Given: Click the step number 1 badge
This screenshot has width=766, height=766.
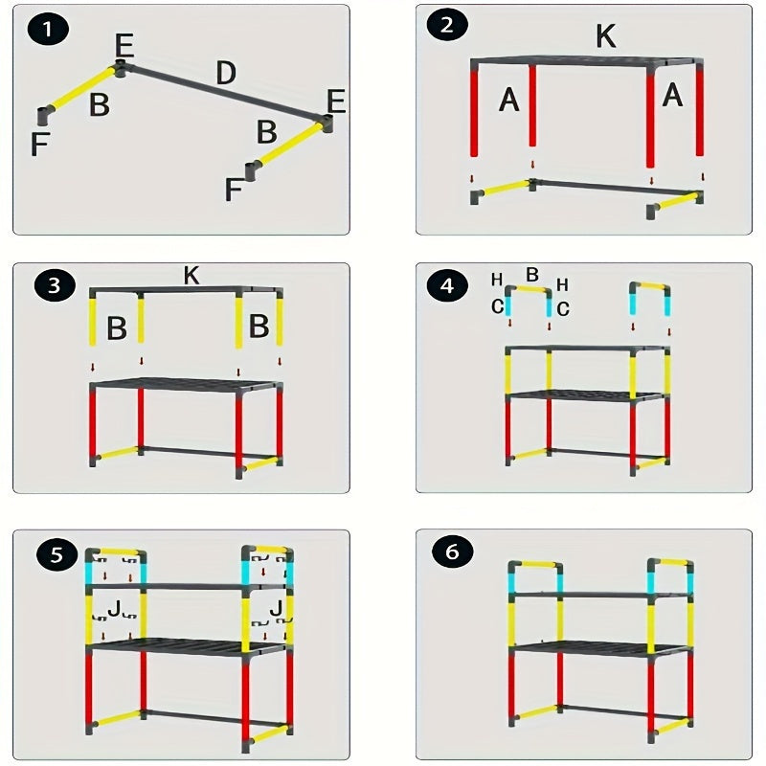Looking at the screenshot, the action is pyautogui.click(x=47, y=30).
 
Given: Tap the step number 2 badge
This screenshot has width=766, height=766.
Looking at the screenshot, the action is pyautogui.click(x=447, y=25).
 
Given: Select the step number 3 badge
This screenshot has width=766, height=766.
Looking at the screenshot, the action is pyautogui.click(x=55, y=285).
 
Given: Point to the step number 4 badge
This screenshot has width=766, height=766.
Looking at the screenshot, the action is pyautogui.click(x=447, y=285).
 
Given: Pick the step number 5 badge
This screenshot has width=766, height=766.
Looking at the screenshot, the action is pyautogui.click(x=56, y=555).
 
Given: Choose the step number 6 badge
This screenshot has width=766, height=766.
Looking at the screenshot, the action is pyautogui.click(x=452, y=552).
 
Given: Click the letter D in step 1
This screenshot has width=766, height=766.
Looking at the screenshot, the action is pyautogui.click(x=226, y=74).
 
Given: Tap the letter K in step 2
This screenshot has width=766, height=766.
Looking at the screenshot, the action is pyautogui.click(x=606, y=35).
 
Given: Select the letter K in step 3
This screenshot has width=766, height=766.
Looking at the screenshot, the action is pyautogui.click(x=191, y=276).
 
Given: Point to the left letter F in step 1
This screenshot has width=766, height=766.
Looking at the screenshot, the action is pyautogui.click(x=40, y=144).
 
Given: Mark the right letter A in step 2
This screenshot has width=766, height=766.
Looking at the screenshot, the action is pyautogui.click(x=672, y=95).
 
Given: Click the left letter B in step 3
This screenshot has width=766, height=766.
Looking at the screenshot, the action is pyautogui.click(x=117, y=327).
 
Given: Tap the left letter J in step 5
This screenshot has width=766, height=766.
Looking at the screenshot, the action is pyautogui.click(x=114, y=609).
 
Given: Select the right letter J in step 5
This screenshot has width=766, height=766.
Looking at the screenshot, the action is pyautogui.click(x=276, y=608).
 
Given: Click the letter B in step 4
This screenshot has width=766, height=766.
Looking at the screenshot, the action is pyautogui.click(x=532, y=275).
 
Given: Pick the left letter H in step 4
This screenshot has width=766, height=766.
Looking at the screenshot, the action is pyautogui.click(x=497, y=280).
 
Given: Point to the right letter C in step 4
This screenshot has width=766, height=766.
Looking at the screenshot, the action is pyautogui.click(x=563, y=308).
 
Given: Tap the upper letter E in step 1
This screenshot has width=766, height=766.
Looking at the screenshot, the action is pyautogui.click(x=125, y=46).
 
